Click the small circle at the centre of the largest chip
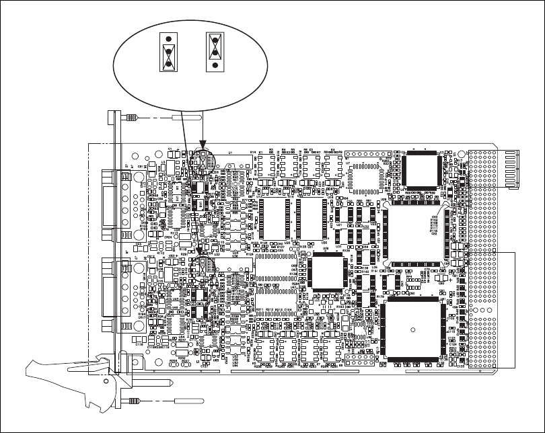click(x=412, y=329)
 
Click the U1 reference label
click(x=231, y=153)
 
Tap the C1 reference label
click(x=170, y=148)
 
